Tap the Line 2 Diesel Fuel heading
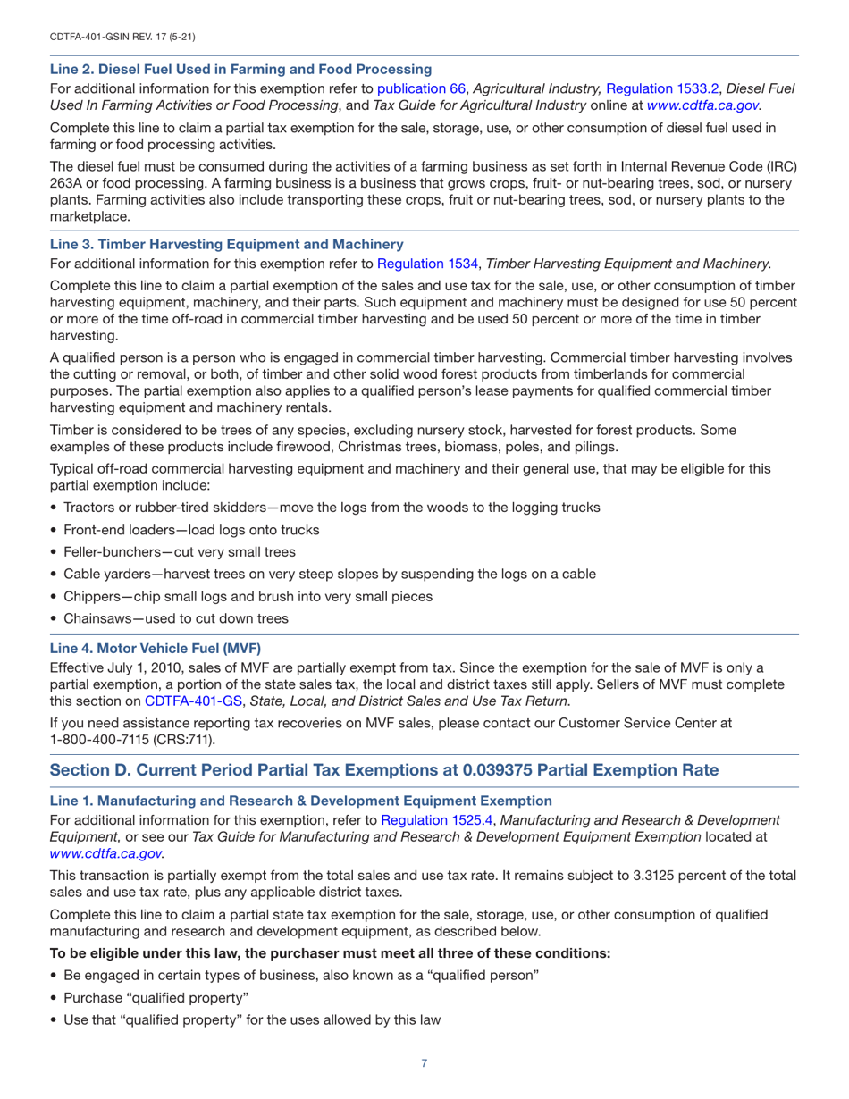tap(241, 69)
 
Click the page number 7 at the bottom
tap(424, 1063)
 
